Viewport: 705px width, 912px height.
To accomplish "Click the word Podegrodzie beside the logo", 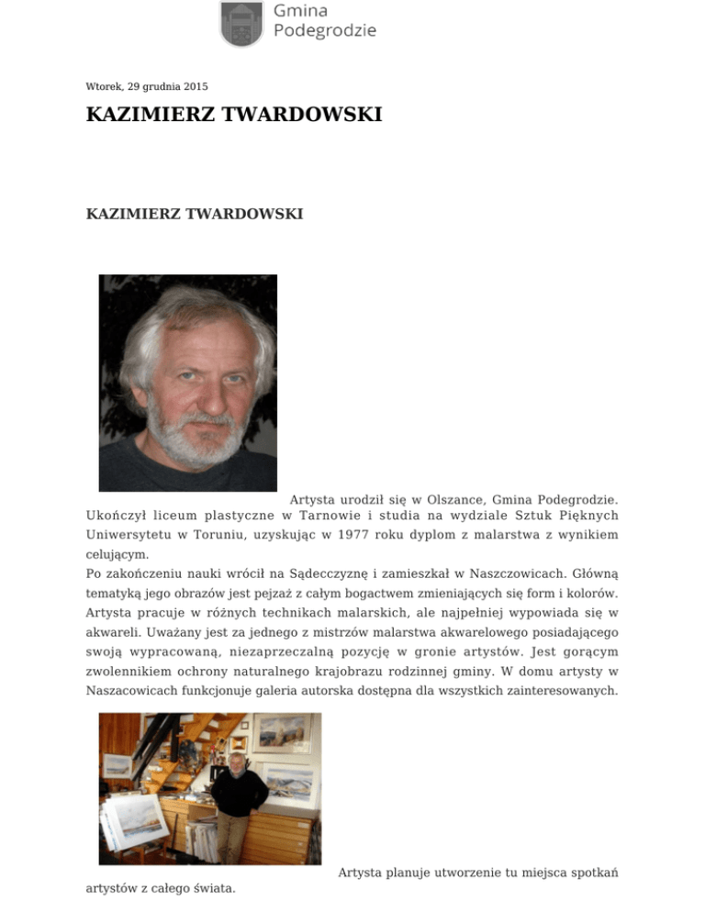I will click(x=325, y=30).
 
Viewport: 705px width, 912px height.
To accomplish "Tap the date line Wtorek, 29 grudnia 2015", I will click(x=147, y=87).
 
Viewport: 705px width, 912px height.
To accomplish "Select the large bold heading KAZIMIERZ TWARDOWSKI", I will click(x=234, y=116).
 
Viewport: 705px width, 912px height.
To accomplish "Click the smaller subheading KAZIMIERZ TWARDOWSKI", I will click(x=195, y=214).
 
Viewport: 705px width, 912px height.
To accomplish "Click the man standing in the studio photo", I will click(x=241, y=798).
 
